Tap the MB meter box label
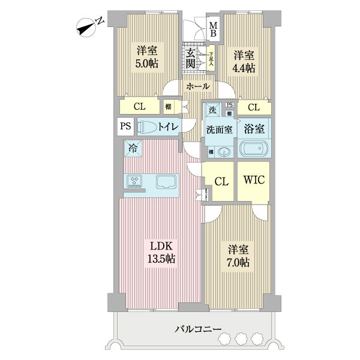(x=213, y=28)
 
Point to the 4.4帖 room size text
(x=244, y=68)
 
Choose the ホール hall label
(x=197, y=86)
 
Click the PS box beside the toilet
(x=125, y=127)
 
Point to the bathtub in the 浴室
(x=253, y=149)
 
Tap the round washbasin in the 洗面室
(x=224, y=152)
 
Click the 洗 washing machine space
(x=211, y=110)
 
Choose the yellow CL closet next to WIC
(x=220, y=181)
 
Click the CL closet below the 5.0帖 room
(x=139, y=107)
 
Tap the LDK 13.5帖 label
(x=162, y=253)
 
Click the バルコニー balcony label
(x=198, y=329)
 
